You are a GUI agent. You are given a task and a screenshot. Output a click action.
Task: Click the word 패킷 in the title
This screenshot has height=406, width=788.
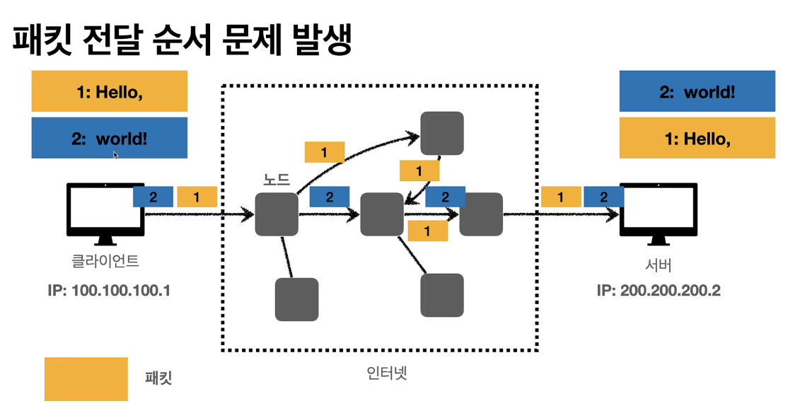tap(42, 39)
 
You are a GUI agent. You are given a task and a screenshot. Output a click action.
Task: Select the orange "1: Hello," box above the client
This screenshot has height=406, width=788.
tap(110, 91)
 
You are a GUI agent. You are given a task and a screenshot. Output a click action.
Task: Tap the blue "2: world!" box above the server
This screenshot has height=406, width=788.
tap(697, 91)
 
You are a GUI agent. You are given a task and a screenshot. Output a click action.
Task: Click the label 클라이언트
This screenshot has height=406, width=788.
tap(105, 261)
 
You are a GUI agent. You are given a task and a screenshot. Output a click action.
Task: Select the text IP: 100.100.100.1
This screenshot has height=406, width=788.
tap(109, 291)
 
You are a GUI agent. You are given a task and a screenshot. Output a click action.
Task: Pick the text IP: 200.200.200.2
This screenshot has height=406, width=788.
tap(659, 291)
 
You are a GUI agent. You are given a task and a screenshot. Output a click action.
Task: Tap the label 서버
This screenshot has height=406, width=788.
tap(659, 265)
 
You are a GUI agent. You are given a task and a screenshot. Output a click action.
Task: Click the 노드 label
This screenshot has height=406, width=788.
tap(277, 179)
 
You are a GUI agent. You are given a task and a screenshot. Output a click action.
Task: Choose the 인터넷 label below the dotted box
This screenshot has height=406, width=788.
tap(386, 373)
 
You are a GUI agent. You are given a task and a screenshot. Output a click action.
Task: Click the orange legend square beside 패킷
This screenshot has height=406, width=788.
tap(86, 379)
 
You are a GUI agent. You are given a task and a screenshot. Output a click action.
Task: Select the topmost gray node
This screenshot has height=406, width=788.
tap(442, 133)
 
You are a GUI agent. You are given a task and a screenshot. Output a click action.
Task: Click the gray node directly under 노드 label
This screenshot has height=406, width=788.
tap(277, 214)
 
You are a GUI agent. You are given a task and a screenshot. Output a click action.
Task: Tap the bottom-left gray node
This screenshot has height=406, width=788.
tap(296, 299)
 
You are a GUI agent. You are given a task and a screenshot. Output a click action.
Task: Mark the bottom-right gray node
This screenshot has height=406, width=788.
tap(442, 296)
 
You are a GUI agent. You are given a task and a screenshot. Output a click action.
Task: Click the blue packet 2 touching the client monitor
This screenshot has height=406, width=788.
tap(153, 197)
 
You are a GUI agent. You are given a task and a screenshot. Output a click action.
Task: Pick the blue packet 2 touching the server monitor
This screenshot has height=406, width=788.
tap(603, 197)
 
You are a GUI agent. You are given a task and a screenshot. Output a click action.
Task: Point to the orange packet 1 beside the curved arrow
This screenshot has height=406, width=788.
tap(325, 152)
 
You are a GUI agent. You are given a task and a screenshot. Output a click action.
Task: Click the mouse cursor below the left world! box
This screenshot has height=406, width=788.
tap(115, 155)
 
